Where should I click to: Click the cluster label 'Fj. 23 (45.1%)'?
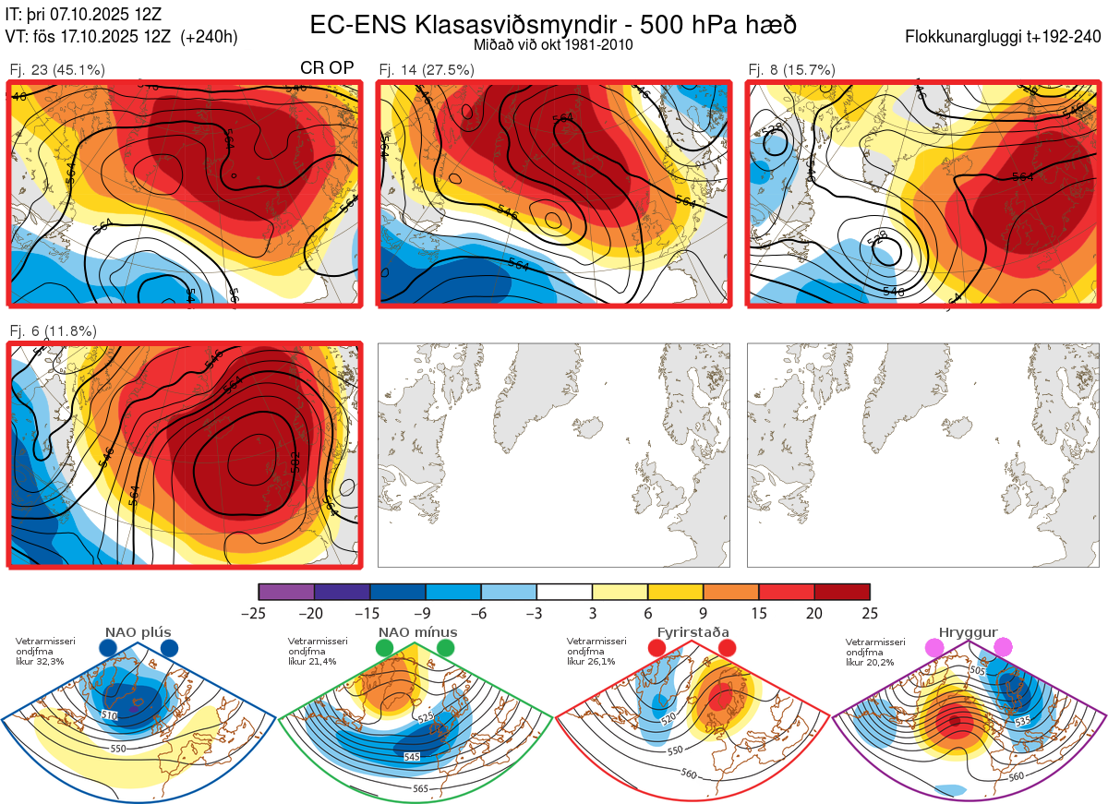coord(57,69)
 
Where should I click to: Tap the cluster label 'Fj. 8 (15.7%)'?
coord(791,69)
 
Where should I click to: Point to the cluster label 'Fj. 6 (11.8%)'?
coord(54,330)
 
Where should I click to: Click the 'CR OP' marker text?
coord(327,68)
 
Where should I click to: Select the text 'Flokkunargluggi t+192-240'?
coord(1005,38)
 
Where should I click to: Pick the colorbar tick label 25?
coord(870,613)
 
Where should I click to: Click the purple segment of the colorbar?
coord(286,592)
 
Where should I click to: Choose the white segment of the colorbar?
coord(564,592)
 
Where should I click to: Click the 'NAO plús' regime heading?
coord(137,632)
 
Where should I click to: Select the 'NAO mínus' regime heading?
coord(417,632)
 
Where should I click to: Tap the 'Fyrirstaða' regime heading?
coord(693,632)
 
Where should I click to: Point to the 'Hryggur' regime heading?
coord(969,632)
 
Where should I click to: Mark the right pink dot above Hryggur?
coord(1003,648)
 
